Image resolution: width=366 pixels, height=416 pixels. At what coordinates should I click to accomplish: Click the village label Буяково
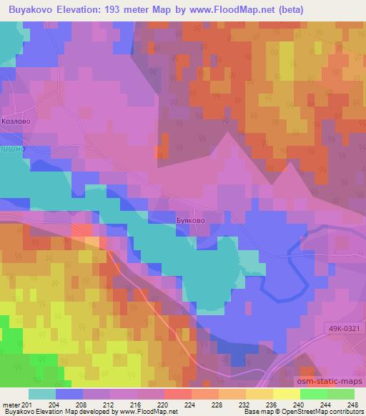pyautogui.click(x=190, y=221)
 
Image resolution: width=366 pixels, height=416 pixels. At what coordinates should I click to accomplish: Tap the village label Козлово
pyautogui.click(x=15, y=122)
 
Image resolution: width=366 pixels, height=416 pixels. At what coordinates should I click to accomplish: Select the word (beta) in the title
pyautogui.click(x=287, y=10)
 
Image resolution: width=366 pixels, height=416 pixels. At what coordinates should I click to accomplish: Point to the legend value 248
pyautogui.click(x=352, y=405)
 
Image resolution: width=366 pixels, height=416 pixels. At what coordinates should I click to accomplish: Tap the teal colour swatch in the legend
pyautogui.click(x=42, y=394)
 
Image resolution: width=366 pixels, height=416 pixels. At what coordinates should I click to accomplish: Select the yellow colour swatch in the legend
pyautogui.click(x=286, y=394)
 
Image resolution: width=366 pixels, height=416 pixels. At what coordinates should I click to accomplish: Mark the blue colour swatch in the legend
pyautogui.click(x=69, y=394)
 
